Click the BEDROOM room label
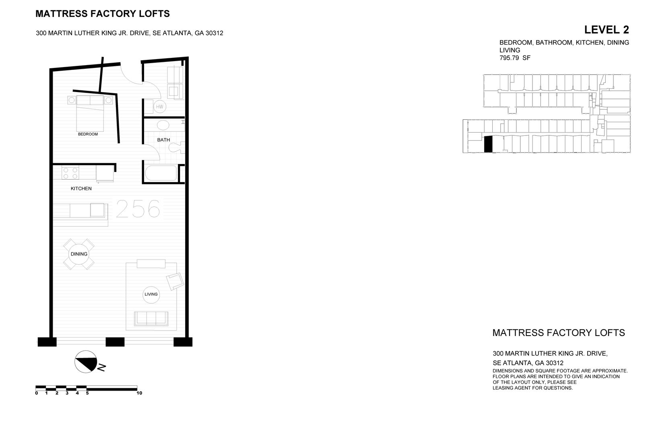tap(88, 134)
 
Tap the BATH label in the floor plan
tap(163, 140)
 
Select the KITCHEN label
tap(81, 188)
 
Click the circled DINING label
tap(79, 254)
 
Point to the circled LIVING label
tap(151, 294)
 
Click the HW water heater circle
tap(160, 106)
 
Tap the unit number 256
tap(138, 209)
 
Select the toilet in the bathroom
tap(176, 148)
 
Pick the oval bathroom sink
tap(163, 125)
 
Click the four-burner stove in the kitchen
tap(70, 173)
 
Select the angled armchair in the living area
tap(175, 280)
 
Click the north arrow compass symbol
tap(86, 362)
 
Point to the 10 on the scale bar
tap(140, 393)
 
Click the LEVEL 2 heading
tap(606, 30)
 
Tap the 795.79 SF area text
tap(515, 58)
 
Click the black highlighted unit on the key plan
tap(488, 144)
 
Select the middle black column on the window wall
tap(115, 342)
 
